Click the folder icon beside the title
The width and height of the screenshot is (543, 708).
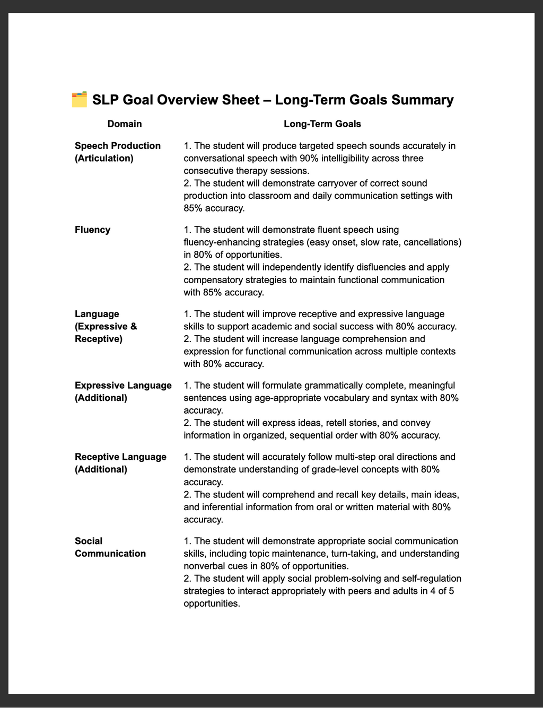click(x=79, y=100)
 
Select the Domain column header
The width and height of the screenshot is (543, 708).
click(x=125, y=124)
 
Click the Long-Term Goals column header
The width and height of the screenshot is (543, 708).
click(x=322, y=124)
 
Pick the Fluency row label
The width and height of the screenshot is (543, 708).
click(x=93, y=230)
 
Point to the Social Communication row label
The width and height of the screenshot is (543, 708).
click(x=110, y=547)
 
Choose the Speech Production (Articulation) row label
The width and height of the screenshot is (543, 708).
click(x=117, y=152)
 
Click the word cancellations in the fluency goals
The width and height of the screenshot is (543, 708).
click(x=432, y=242)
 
